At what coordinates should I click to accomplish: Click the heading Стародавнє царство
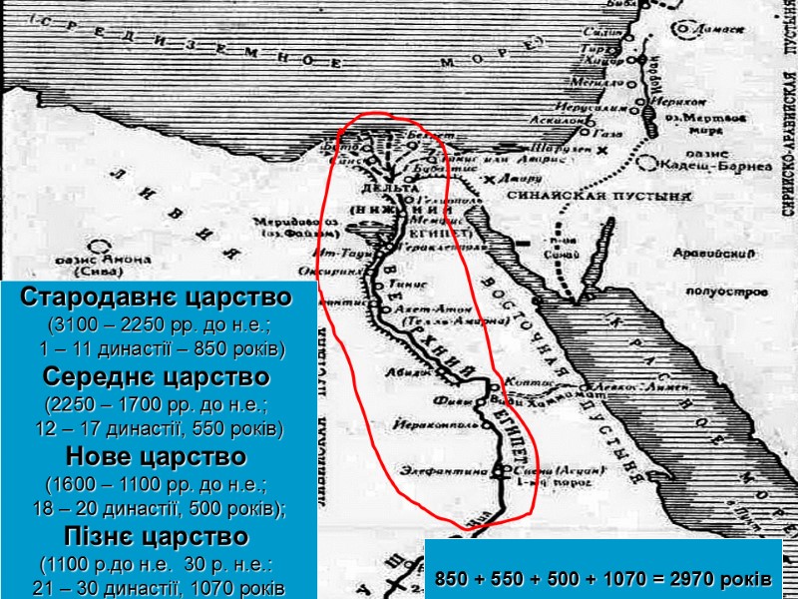157,298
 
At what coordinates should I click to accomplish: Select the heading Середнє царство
157,378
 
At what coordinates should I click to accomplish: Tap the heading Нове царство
157,458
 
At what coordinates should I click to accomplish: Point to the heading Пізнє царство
157,537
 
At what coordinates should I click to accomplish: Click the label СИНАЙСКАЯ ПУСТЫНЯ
570,197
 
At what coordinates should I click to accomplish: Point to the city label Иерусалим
589,104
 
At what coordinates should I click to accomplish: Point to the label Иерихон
678,102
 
